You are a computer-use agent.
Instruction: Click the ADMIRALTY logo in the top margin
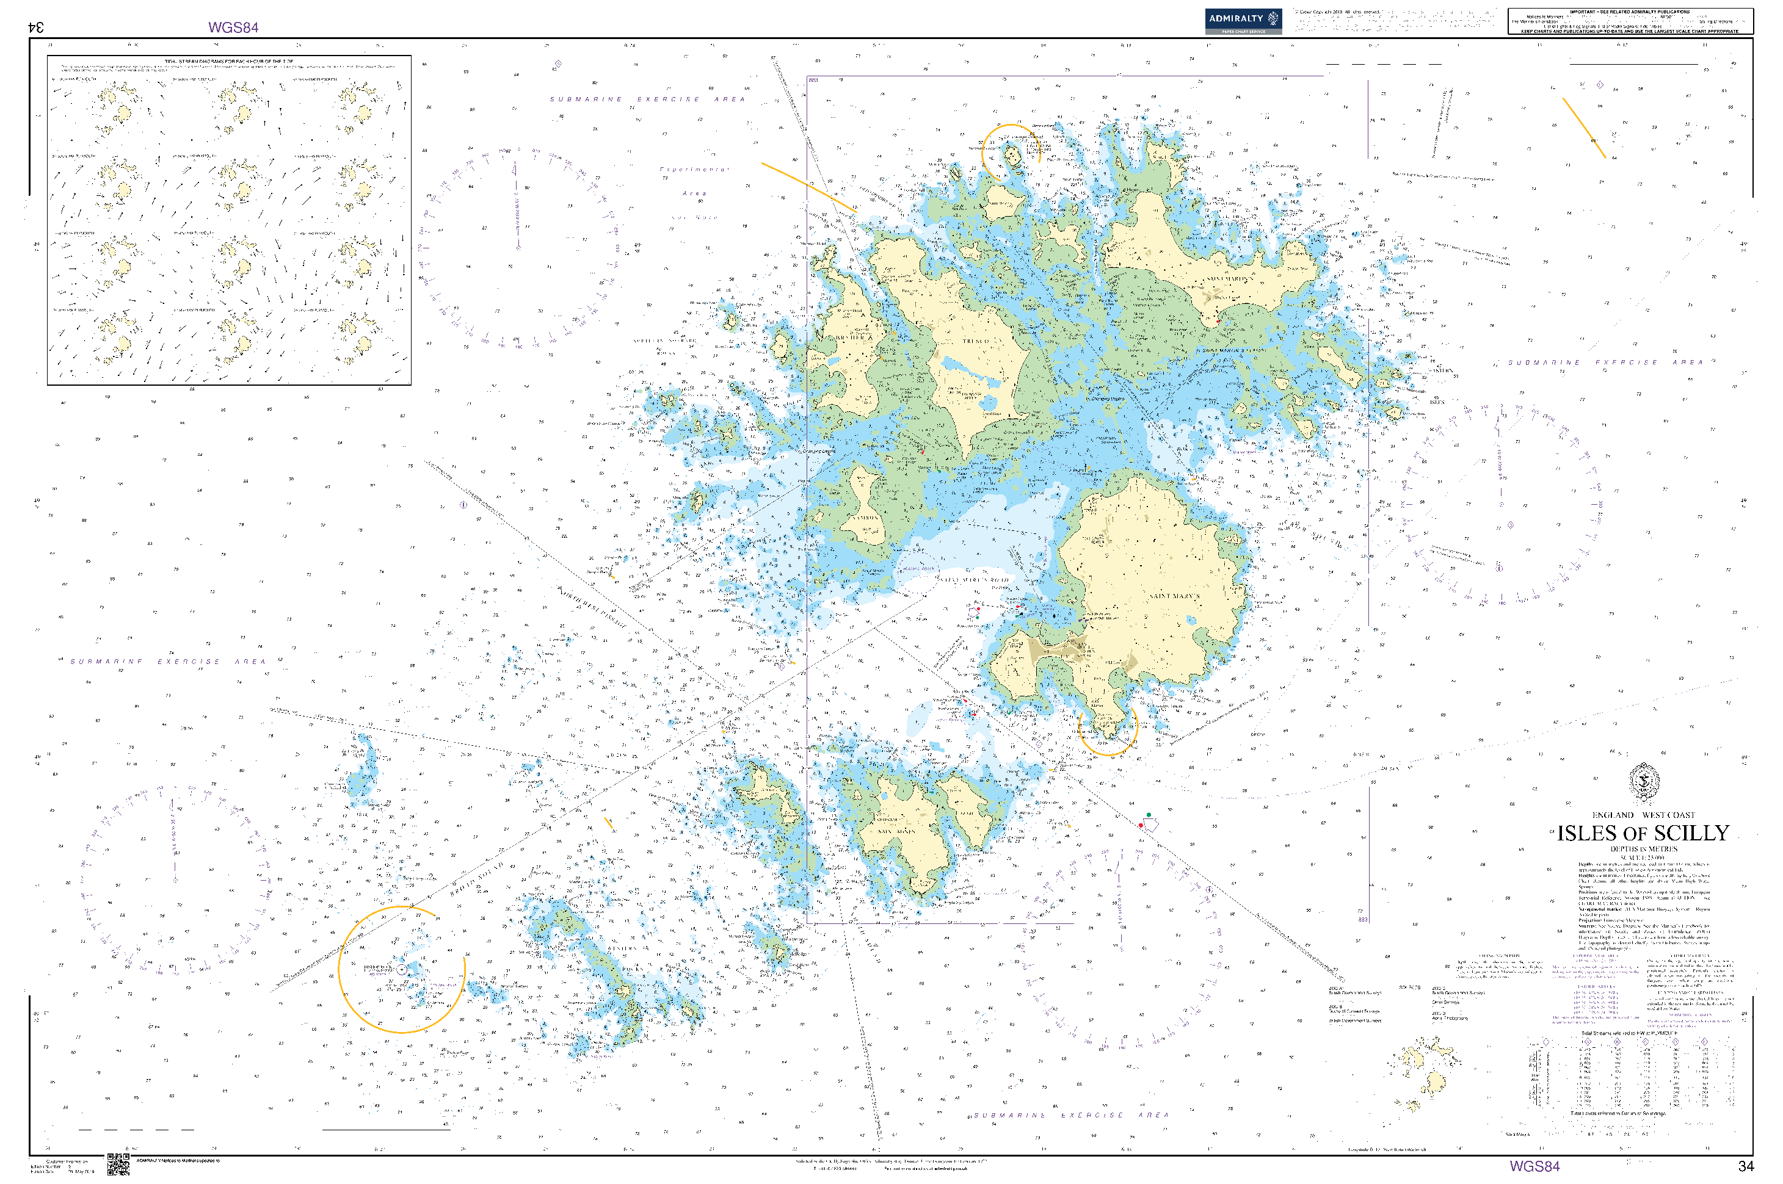(x=1243, y=20)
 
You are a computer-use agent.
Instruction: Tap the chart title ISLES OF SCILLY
(x=1643, y=834)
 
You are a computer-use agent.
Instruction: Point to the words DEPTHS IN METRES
(x=1643, y=849)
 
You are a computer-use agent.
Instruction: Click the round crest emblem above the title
(x=1643, y=782)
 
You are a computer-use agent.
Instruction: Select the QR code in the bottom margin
(x=118, y=1164)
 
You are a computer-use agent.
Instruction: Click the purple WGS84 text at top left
(x=233, y=28)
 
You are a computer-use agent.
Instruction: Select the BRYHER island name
(x=854, y=338)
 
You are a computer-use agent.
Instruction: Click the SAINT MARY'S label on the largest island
(x=1174, y=596)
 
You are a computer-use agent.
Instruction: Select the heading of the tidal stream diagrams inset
(x=229, y=61)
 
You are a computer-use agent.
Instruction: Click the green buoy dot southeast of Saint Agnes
(x=1149, y=815)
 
